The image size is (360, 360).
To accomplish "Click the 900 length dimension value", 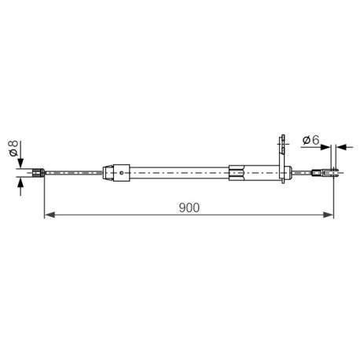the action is click(x=189, y=208).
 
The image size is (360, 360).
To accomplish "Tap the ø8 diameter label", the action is click(x=13, y=149).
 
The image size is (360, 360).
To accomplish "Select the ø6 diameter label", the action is click(x=311, y=140).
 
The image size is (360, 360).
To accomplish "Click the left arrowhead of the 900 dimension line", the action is click(x=50, y=215).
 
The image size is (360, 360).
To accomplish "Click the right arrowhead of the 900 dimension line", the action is click(x=329, y=215).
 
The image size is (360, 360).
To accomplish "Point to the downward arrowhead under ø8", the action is click(x=20, y=163).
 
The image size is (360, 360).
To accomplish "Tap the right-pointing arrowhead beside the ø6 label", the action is click(x=325, y=147).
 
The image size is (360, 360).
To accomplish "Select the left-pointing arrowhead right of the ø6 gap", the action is click(x=341, y=147).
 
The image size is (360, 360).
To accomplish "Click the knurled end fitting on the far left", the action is click(x=39, y=173).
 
